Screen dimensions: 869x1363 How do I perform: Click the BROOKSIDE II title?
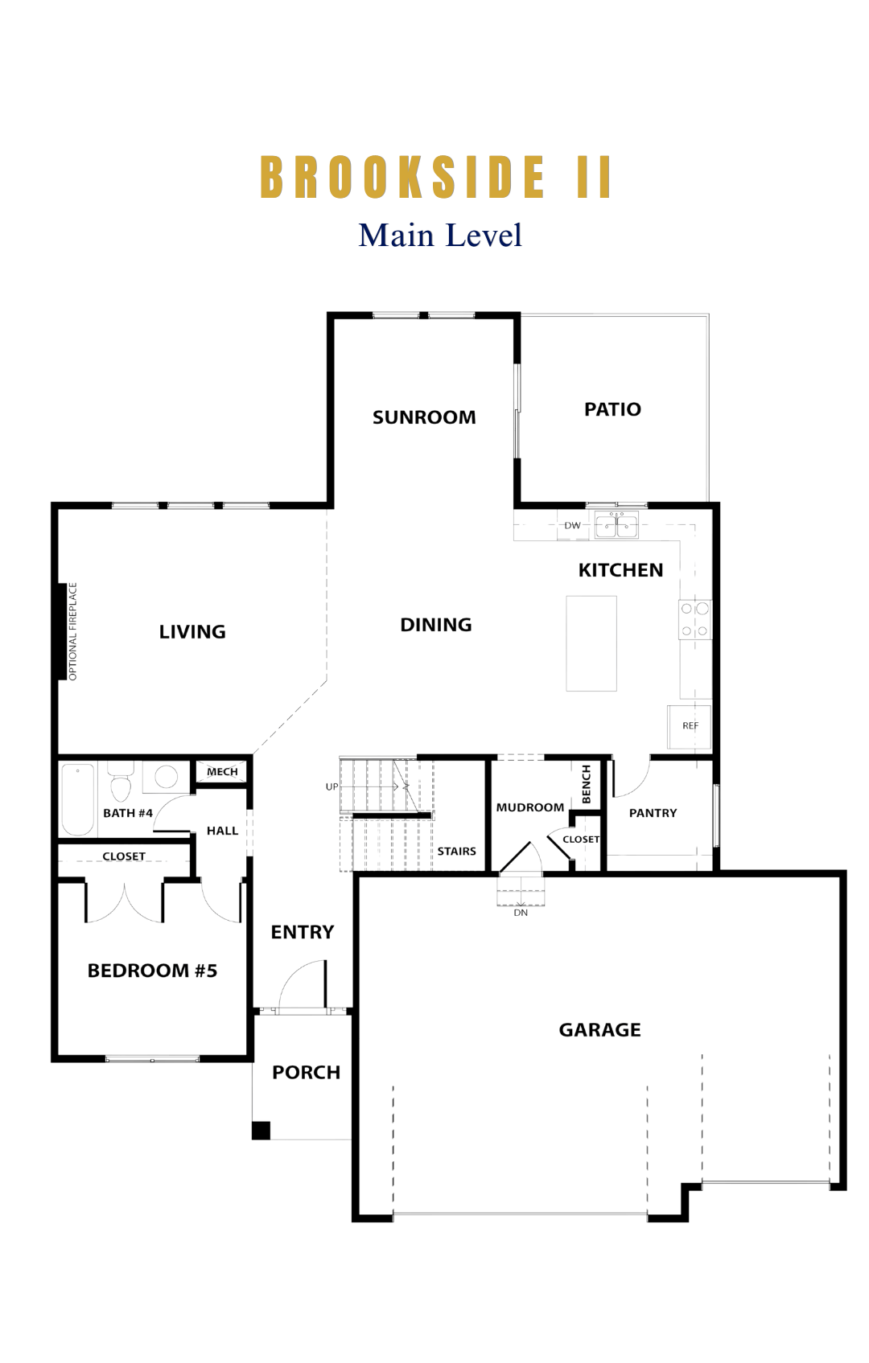click(x=436, y=177)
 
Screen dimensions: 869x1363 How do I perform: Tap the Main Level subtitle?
click(x=440, y=236)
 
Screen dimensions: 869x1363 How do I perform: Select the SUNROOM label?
click(x=424, y=417)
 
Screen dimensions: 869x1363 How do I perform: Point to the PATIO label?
click(x=612, y=408)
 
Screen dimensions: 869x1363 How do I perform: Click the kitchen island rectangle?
click(x=591, y=643)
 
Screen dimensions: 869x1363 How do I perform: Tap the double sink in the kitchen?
click(x=617, y=526)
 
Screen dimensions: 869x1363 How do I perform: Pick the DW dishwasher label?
click(x=572, y=525)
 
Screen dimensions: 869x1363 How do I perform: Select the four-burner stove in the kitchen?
click(x=695, y=619)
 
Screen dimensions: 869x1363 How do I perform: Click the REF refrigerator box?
click(x=690, y=726)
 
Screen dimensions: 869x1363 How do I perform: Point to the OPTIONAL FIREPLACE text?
click(x=73, y=631)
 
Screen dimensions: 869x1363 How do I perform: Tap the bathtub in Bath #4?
click(x=78, y=799)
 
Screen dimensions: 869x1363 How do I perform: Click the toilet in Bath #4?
click(x=121, y=783)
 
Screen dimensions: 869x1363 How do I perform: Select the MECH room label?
click(x=222, y=771)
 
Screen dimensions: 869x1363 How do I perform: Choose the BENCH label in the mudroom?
click(x=587, y=784)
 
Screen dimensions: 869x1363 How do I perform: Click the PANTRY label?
click(x=653, y=813)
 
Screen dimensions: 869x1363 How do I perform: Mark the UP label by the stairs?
click(x=332, y=786)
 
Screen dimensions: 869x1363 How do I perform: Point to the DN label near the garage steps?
click(x=521, y=913)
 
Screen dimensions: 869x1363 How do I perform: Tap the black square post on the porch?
click(x=262, y=1130)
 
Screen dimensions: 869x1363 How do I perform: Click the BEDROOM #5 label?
click(x=152, y=971)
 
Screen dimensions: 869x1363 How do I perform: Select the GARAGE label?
click(x=599, y=1029)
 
